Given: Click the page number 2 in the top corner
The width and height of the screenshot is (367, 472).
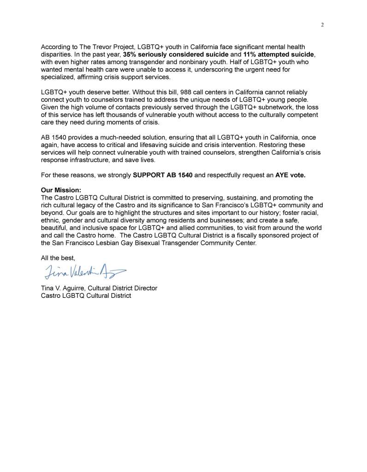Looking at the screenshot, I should (x=322, y=25).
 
